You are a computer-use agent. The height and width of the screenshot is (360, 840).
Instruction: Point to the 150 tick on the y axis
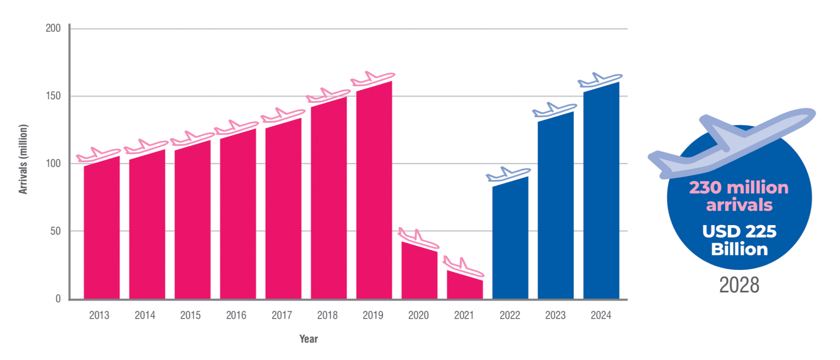pos(53,96)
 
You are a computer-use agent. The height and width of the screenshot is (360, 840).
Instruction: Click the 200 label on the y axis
pos(53,28)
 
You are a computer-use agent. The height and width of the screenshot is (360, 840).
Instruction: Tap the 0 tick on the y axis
pos(58,299)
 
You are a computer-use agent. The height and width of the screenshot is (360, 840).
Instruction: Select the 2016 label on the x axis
pos(236,315)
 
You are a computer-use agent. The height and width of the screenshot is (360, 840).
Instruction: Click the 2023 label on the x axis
pos(555,315)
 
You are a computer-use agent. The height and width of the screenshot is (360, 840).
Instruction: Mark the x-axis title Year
pos(308,339)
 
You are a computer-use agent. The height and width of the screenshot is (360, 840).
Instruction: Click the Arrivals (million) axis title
pos(23,159)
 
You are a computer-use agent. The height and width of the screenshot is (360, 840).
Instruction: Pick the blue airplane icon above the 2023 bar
pos(554,109)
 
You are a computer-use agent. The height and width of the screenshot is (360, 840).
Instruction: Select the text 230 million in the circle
pos(739,188)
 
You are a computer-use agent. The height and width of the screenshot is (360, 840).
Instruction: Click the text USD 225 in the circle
pos(739,231)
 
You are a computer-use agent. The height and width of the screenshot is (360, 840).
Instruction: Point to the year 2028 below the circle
pos(739,285)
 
